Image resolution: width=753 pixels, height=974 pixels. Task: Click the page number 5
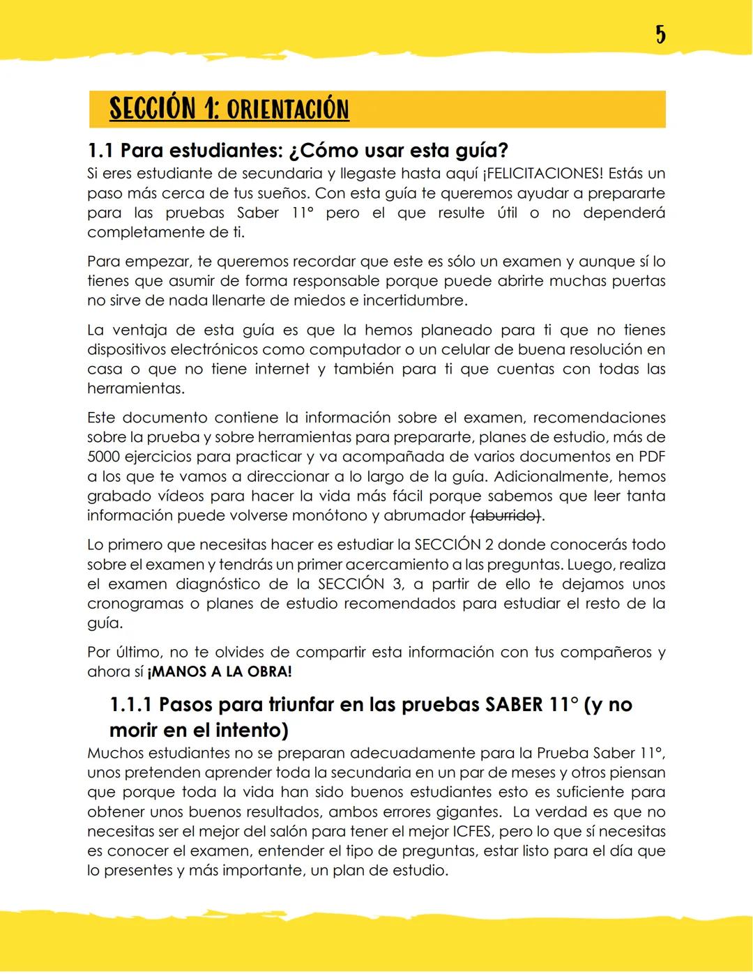(x=660, y=34)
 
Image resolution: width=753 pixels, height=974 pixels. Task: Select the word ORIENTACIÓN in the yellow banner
(x=287, y=109)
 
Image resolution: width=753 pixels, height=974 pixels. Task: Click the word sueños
(x=282, y=193)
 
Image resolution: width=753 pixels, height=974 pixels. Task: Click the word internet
(x=282, y=369)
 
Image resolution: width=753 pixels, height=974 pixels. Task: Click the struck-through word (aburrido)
(x=506, y=515)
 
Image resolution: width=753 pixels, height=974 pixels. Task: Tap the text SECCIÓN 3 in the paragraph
(x=360, y=584)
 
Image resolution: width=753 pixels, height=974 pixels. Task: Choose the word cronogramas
(x=133, y=603)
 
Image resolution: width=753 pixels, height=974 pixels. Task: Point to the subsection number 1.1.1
(x=130, y=704)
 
